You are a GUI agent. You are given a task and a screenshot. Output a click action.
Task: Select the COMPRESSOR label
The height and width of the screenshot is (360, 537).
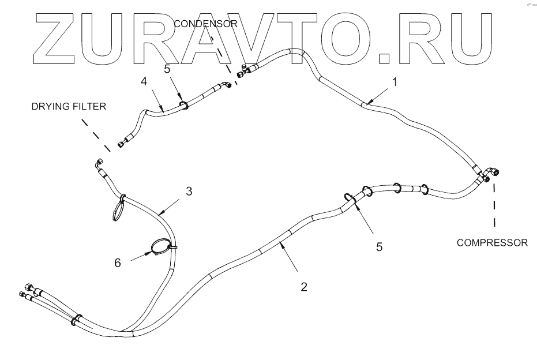tap(492, 242)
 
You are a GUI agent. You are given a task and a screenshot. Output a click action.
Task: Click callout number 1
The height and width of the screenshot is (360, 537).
tap(395, 82)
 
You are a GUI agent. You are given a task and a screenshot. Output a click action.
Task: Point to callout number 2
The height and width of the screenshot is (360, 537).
tap(303, 286)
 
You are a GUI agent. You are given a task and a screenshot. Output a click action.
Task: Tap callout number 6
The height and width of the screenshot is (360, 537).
tap(117, 262)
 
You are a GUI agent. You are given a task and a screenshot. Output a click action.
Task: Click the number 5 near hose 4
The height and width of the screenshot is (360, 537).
tap(168, 69)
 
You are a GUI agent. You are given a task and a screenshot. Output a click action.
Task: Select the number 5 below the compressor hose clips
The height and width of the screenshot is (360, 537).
tap(379, 247)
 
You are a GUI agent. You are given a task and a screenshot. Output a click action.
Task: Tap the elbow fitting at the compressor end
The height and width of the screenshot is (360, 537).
tap(491, 173)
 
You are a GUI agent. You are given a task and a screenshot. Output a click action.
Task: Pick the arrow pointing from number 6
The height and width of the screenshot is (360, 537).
tap(138, 256)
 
